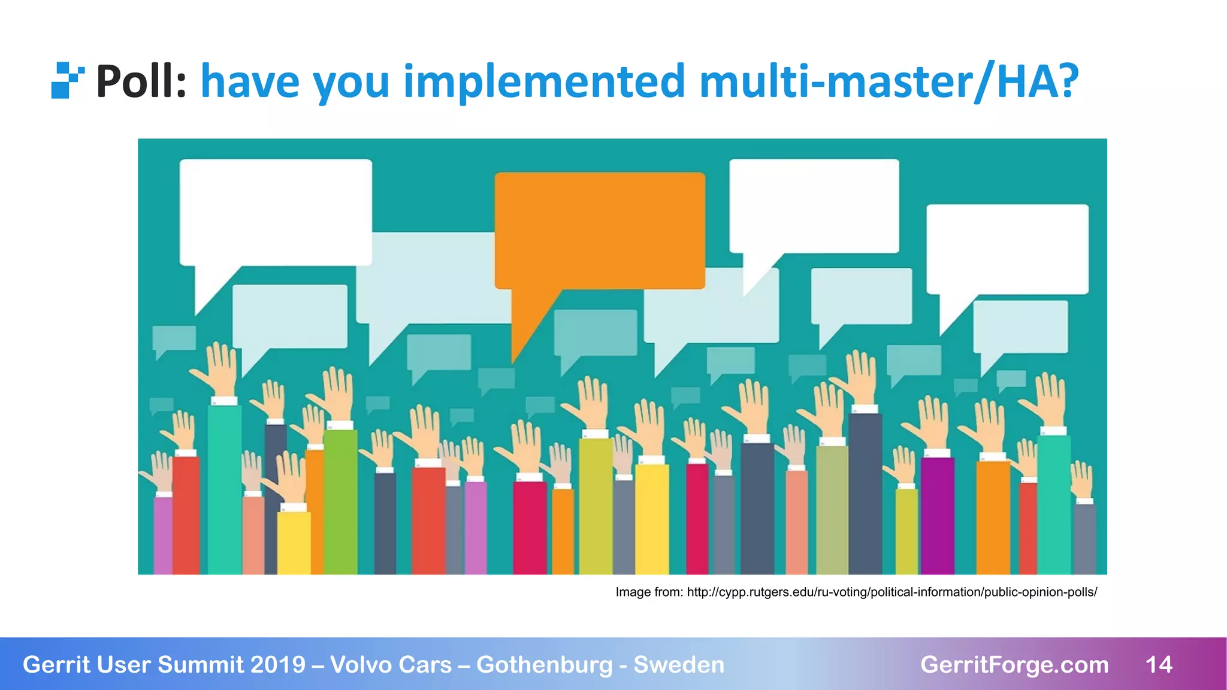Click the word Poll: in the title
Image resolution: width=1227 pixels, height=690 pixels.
tap(141, 81)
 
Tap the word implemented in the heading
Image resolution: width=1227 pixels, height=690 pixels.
tap(544, 81)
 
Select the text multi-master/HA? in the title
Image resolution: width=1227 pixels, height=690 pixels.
tap(888, 81)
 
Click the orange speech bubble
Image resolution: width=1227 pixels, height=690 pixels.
tap(599, 231)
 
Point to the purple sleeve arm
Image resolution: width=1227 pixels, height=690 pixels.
tap(937, 515)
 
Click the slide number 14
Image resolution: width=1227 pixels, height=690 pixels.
tap(1159, 665)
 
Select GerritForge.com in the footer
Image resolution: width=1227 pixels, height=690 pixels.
tap(1014, 665)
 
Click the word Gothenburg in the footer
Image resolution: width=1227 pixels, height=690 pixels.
tap(545, 665)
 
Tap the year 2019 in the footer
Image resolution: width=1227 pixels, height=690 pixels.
tap(277, 665)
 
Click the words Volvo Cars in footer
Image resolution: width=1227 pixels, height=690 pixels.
tap(391, 665)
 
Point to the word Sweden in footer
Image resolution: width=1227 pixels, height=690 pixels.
tap(679, 665)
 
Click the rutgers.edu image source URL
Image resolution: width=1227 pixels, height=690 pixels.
tap(891, 592)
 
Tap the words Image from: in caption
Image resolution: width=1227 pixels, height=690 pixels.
tap(649, 592)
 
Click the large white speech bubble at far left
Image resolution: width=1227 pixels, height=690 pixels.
tap(276, 213)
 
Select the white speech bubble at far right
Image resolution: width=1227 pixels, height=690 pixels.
tap(1007, 249)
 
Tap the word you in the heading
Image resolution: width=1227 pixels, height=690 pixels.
tap(352, 81)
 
